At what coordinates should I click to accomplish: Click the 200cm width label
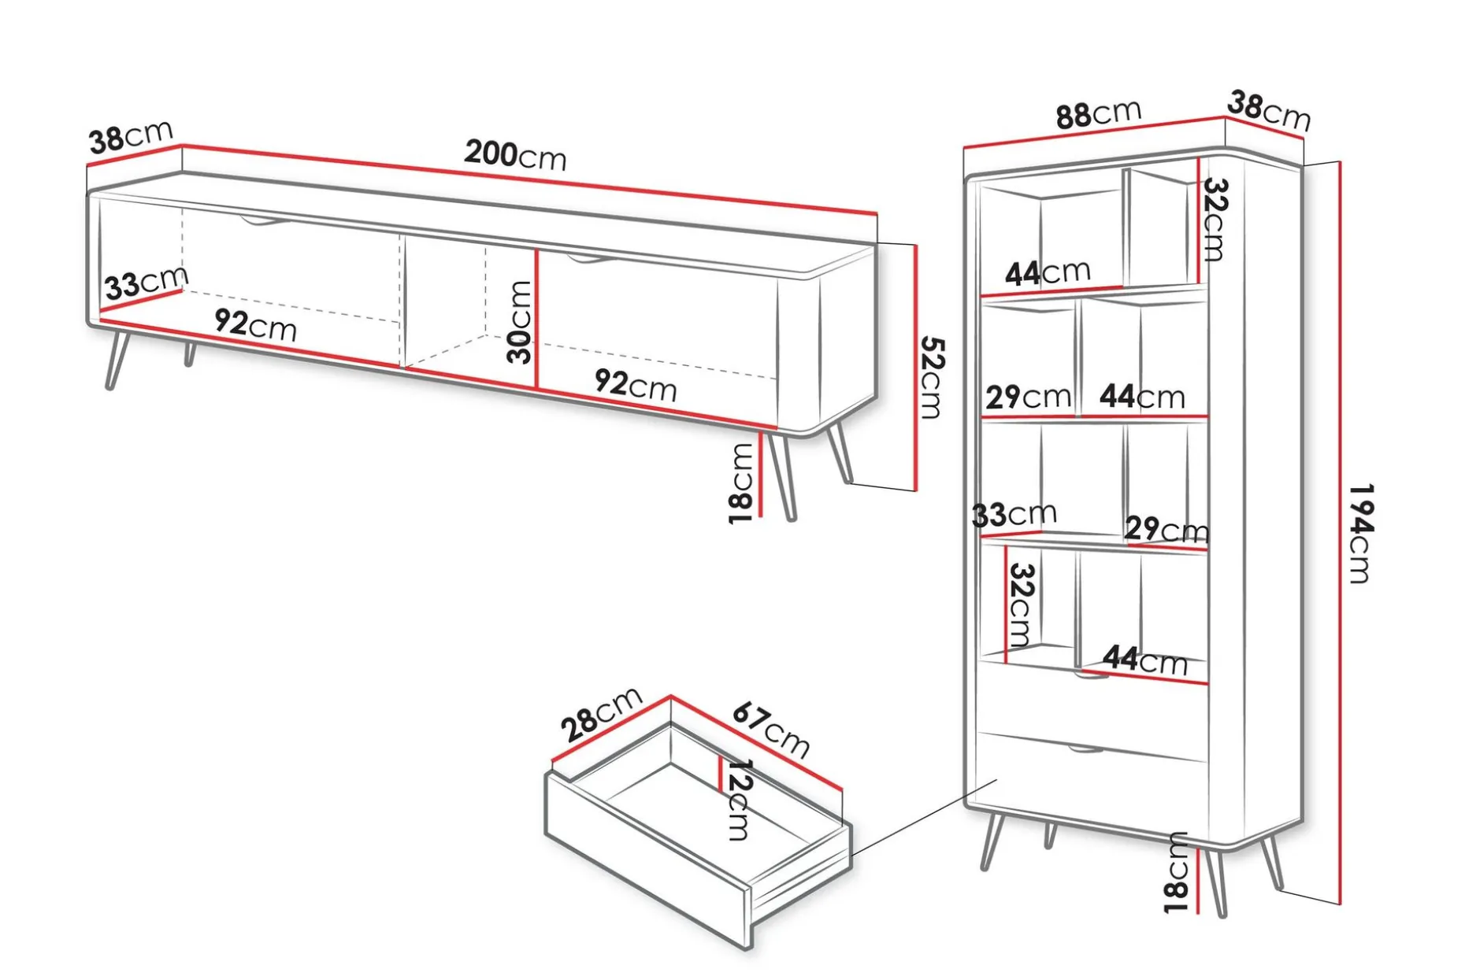click(515, 154)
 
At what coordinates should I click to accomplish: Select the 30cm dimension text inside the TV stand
click(520, 322)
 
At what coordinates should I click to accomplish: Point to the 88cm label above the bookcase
click(1099, 114)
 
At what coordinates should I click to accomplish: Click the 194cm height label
click(1360, 533)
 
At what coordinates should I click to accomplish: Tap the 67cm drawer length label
click(770, 730)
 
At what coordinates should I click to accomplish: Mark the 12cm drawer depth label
click(738, 799)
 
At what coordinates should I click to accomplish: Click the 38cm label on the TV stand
click(131, 137)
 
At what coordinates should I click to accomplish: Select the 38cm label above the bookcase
click(1269, 111)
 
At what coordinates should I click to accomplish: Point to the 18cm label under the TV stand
click(741, 482)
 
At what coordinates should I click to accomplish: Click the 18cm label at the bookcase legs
click(1176, 872)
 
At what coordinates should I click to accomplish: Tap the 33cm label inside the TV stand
click(146, 283)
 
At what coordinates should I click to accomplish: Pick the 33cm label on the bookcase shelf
click(1014, 515)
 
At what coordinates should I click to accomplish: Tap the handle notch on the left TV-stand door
click(265, 221)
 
